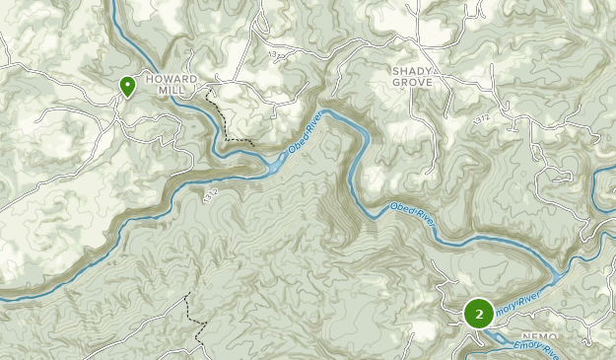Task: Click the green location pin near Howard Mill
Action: click(127, 87)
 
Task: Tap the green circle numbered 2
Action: click(479, 314)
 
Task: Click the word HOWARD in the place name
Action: click(172, 78)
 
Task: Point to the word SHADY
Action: click(413, 72)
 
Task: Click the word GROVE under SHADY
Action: click(414, 84)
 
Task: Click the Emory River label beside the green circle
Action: click(518, 299)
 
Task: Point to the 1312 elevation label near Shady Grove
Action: click(482, 117)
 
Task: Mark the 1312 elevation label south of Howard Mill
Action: click(208, 198)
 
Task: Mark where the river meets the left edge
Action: click(5, 295)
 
